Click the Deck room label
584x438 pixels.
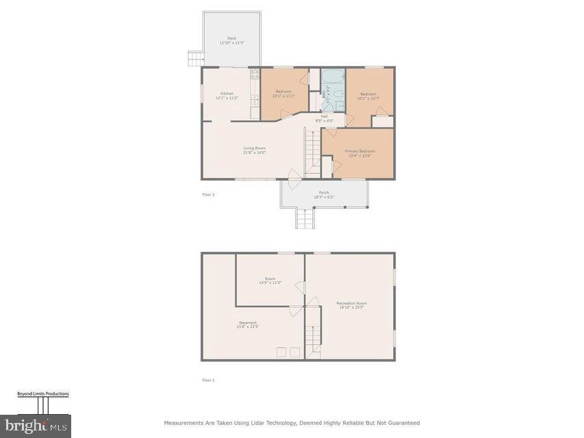231,40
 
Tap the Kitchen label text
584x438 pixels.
227,96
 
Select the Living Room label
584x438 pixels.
254,150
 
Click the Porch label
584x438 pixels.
324,194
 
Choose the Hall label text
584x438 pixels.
324,118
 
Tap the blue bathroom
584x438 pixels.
332,90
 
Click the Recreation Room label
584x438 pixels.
351,305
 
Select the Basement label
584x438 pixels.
248,324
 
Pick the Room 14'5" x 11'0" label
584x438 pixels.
270,281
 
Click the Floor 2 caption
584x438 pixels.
208,194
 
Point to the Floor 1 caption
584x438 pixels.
208,380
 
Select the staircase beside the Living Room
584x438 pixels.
313,153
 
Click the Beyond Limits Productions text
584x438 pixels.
43,394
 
